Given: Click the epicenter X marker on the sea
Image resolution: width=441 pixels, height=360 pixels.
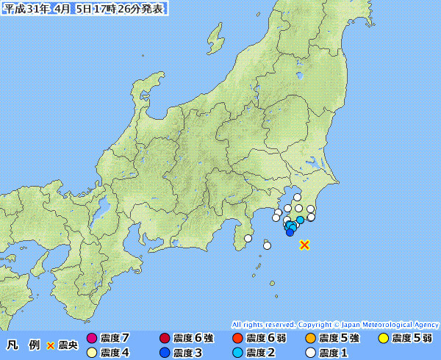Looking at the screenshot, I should tap(305, 245).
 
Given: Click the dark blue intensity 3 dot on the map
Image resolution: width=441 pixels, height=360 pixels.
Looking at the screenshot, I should tap(290, 233).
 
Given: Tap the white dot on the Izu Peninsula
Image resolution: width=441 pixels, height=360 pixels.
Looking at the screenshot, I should tap(248, 239).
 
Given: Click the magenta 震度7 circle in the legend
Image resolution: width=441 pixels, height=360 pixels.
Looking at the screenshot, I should tap(92, 339).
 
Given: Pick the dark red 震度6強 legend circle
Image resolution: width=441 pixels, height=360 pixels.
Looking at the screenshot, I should tap(164, 339).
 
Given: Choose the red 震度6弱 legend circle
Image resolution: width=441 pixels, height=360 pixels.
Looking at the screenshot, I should tap(237, 339).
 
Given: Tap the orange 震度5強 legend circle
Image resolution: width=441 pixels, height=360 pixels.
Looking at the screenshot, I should tap(311, 339).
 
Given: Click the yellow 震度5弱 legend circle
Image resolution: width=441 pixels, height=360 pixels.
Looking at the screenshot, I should tap(383, 339).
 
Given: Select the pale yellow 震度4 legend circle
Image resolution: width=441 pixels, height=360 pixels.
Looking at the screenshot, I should tap(92, 353).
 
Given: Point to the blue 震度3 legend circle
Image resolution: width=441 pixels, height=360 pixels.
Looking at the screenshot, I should tap(164, 353).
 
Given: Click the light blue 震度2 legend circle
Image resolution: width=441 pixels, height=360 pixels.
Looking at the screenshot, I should tap(237, 353).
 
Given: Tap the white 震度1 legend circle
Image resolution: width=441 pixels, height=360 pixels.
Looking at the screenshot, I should tap(311, 353).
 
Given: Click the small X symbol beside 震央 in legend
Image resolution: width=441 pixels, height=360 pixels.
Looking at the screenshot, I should tap(51, 345).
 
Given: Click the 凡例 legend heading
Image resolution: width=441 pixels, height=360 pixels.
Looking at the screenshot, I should tap(22, 345).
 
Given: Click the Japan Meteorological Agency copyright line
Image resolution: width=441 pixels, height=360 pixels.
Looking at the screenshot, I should tap(335, 324).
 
